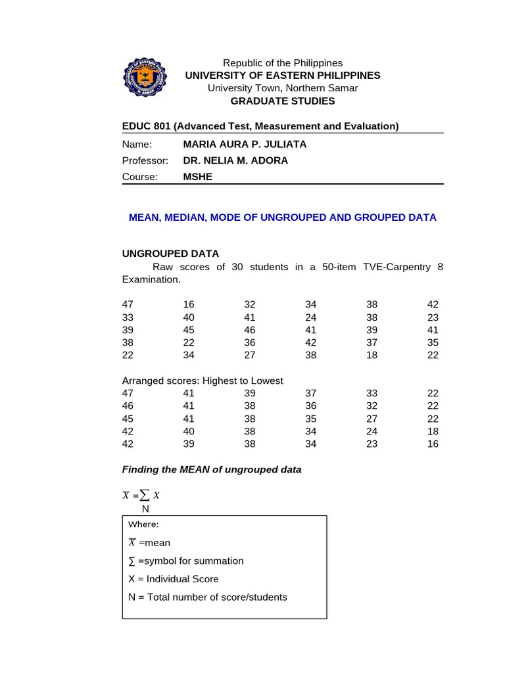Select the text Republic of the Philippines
coord(283,63)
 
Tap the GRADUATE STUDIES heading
coord(282,101)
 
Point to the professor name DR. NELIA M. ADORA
coord(235,160)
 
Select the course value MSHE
coord(197,177)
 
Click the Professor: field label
coord(145,160)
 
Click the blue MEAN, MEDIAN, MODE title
coord(282,217)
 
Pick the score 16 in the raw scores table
coord(189,304)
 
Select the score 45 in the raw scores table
coord(189,330)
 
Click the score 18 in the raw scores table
coord(372,355)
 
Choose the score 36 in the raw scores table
coord(249,342)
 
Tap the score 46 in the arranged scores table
coord(128,406)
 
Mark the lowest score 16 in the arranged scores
coord(432,444)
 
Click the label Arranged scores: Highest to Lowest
coord(203,381)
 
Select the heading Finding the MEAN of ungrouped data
coord(212,469)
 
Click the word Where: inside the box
coord(143,524)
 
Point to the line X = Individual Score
coord(173,579)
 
